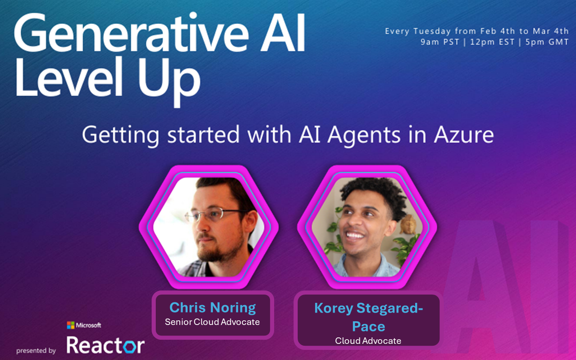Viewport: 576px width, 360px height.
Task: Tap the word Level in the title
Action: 69,77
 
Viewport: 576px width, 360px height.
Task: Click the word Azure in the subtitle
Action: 464,135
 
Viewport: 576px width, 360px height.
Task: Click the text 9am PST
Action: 440,42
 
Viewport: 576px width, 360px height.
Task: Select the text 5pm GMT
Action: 547,42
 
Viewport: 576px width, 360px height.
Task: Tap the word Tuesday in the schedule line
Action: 432,31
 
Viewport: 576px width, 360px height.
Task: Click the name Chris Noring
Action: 212,307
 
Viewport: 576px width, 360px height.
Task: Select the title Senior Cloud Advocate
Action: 212,322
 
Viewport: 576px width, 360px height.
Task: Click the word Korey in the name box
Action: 334,308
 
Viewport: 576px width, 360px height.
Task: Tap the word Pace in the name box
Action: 369,326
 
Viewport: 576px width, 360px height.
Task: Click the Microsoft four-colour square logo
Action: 71,325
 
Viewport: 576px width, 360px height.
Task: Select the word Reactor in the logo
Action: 106,345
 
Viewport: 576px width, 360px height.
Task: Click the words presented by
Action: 36,351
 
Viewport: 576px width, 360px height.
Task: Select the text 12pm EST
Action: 492,42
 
